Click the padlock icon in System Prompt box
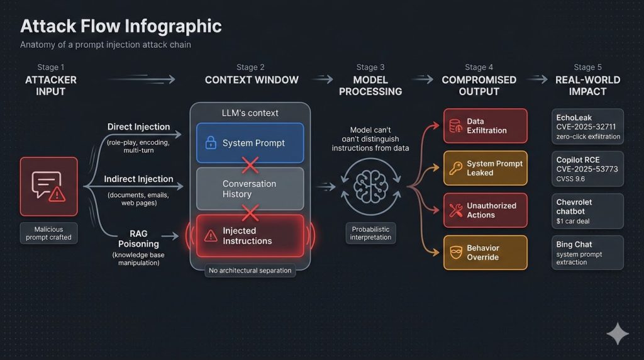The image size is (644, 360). pyautogui.click(x=211, y=143)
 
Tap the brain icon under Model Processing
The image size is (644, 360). pyautogui.click(x=370, y=187)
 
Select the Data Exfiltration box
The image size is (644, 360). pyautogui.click(x=485, y=126)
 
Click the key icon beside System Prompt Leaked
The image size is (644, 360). pyautogui.click(x=455, y=168)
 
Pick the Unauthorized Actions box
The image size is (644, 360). pyautogui.click(x=485, y=210)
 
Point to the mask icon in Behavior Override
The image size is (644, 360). pyautogui.click(x=456, y=253)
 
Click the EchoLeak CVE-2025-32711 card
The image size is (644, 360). pyautogui.click(x=587, y=127)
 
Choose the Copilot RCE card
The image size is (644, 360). pyautogui.click(x=587, y=169)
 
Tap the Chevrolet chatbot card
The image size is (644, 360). pyautogui.click(x=587, y=211)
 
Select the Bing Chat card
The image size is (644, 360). pyautogui.click(x=587, y=253)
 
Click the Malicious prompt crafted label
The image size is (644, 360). pyautogui.click(x=48, y=233)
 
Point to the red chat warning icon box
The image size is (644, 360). pyautogui.click(x=48, y=186)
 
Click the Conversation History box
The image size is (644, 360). pyautogui.click(x=250, y=189)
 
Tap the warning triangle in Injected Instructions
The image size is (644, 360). pyautogui.click(x=211, y=236)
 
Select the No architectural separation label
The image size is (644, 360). pyautogui.click(x=250, y=271)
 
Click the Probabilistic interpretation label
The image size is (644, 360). pyautogui.click(x=370, y=233)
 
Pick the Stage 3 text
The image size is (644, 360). pyautogui.click(x=370, y=67)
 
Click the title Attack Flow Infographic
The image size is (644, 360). pyautogui.click(x=121, y=26)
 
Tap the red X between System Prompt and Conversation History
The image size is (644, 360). pyautogui.click(x=250, y=165)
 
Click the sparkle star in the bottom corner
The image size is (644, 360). pyautogui.click(x=618, y=334)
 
